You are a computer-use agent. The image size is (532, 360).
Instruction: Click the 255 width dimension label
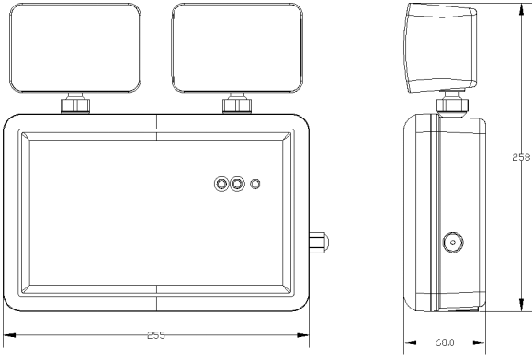tap(156, 335)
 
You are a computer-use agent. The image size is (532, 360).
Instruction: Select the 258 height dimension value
tap(521, 157)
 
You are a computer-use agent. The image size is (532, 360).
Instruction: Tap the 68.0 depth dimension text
tap(445, 343)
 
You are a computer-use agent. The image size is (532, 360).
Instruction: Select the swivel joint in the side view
tap(451, 105)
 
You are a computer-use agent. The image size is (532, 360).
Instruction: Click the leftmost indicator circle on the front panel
tap(221, 184)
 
